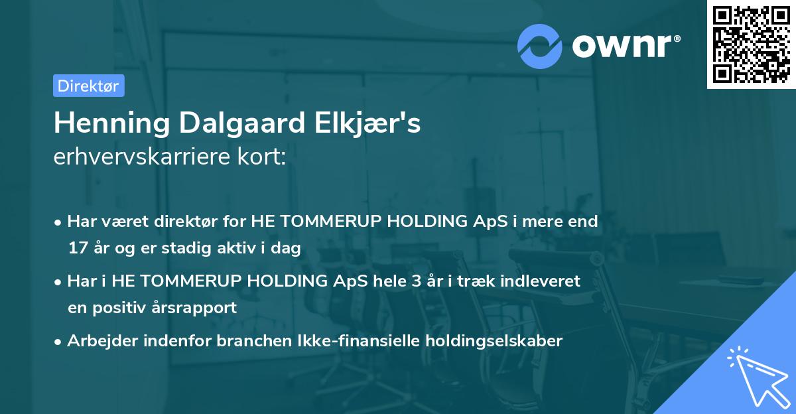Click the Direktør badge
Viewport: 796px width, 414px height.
coord(88,86)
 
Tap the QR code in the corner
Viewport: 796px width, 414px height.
coord(750,44)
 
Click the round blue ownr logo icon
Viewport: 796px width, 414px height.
coord(540,45)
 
